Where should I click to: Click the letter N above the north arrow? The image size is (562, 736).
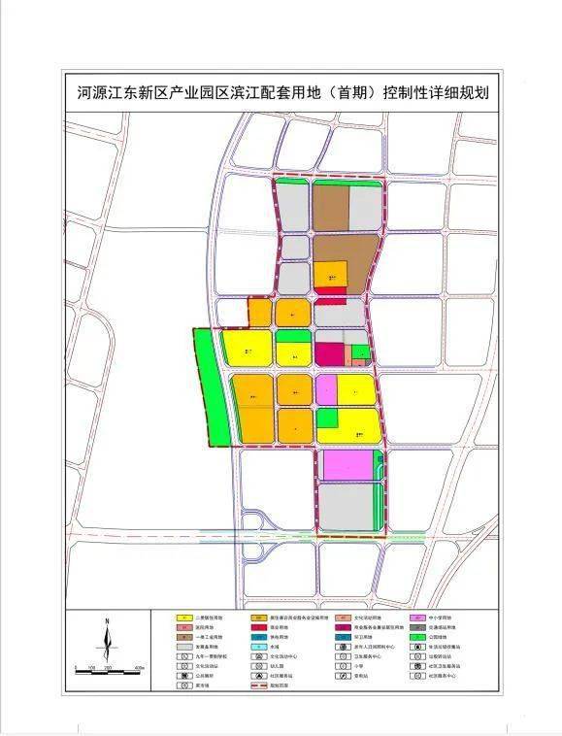pos(108,620)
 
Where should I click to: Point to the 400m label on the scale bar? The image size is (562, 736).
pos(139,670)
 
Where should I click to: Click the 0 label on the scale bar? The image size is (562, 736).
pos(76,670)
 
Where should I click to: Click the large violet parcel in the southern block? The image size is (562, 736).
pos(347,465)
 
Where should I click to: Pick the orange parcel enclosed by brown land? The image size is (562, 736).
pos(330,275)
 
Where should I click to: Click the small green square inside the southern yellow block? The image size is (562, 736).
pos(327,418)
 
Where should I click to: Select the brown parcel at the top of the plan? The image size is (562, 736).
pos(330,206)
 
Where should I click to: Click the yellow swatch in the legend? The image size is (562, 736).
pos(182,618)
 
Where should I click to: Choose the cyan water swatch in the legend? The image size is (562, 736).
pos(258,644)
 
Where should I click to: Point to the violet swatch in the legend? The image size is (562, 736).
pos(416,618)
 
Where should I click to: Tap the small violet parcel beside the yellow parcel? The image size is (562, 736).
pos(326,389)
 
